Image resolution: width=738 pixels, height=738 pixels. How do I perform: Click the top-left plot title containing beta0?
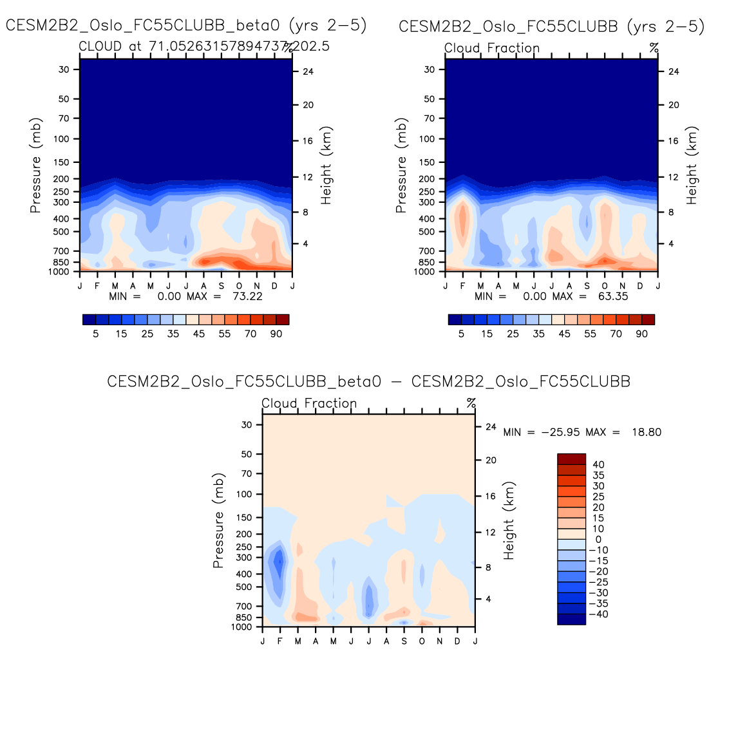(186, 26)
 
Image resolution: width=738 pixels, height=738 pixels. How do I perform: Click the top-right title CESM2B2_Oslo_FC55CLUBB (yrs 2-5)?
(551, 26)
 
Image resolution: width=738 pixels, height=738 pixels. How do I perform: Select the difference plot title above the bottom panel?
(368, 381)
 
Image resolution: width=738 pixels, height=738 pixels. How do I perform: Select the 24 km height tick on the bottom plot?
(491, 427)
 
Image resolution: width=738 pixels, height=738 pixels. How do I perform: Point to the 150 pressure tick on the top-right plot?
(429, 162)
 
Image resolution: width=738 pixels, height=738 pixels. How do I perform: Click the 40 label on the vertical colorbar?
(598, 464)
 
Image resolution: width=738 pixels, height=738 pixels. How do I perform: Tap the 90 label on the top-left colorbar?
(276, 334)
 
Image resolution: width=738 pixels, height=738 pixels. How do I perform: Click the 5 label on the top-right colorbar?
(461, 334)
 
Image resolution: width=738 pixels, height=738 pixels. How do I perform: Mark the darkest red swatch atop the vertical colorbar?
(571, 459)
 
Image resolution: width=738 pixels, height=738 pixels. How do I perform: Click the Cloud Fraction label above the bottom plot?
(309, 404)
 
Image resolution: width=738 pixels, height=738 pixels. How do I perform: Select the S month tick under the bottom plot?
(404, 641)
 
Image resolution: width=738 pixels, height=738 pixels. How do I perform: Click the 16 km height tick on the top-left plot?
(308, 141)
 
